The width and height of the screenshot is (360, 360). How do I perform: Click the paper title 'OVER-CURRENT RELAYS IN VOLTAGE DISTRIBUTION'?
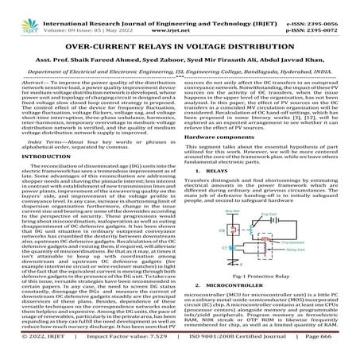pos(180,48)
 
